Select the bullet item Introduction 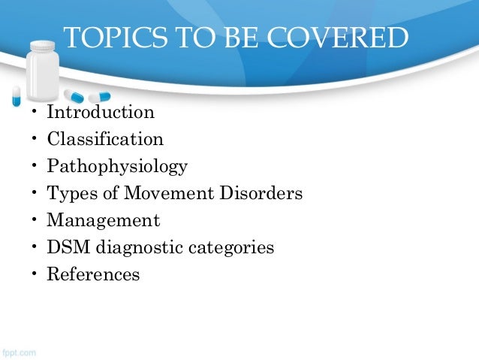coord(101,113)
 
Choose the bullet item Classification coord(105,139)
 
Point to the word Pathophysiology coord(117,166)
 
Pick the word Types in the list coord(68,193)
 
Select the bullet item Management coord(103,220)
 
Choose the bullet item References coord(93,274)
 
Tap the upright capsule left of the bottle coord(16,95)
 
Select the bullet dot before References coord(34,275)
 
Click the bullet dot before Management coord(34,221)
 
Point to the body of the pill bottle coord(44,79)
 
